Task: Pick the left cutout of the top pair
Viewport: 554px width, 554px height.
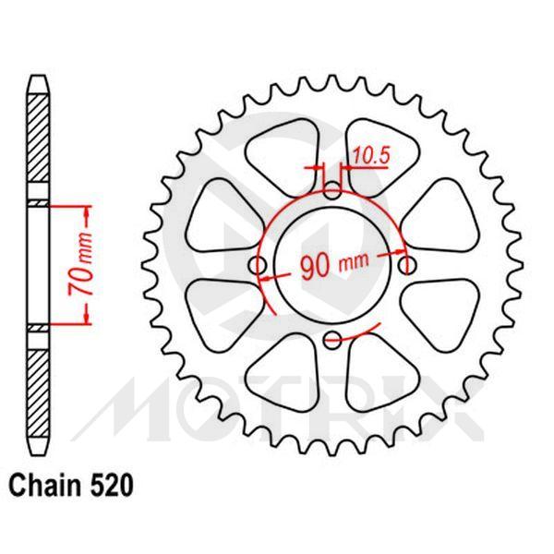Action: [283, 148]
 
